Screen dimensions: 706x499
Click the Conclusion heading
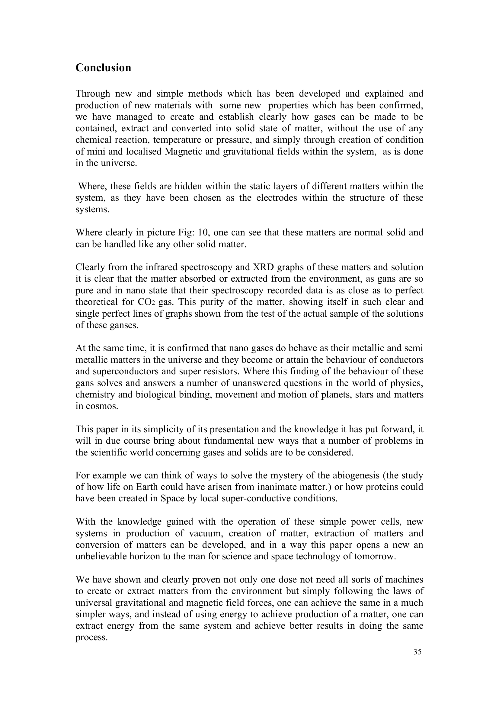coord(103,68)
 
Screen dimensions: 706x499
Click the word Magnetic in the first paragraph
coord(184,152)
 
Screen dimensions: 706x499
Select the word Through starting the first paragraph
coord(93,94)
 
